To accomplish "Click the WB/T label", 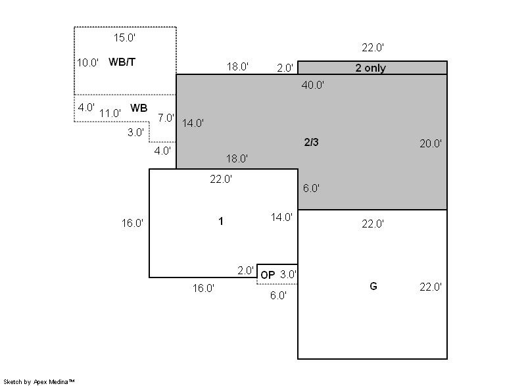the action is pos(122,62).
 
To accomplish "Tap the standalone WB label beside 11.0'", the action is pos(139,108).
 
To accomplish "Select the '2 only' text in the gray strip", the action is pos(371,68).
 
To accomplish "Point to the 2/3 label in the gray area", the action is pos(311,142).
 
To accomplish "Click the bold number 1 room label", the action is pos(221,221).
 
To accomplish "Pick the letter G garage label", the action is pos(373,286).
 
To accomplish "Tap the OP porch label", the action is pos(268,276).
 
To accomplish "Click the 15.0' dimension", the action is pos(124,37).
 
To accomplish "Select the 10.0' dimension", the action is pos(87,62).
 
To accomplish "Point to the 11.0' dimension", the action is pos(110,113).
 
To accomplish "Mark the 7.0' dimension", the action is pos(166,118).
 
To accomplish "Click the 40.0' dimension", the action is pos(313,85).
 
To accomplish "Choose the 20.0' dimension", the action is pos(431,143).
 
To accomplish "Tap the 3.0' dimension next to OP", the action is pos(288,275).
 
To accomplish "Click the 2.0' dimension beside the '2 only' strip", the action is pos(285,68).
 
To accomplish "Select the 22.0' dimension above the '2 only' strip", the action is pos(373,47).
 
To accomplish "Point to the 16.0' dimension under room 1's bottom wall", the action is pos(203,288).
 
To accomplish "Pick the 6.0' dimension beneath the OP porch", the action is pos(278,295).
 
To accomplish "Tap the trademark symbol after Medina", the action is pos(72,381).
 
